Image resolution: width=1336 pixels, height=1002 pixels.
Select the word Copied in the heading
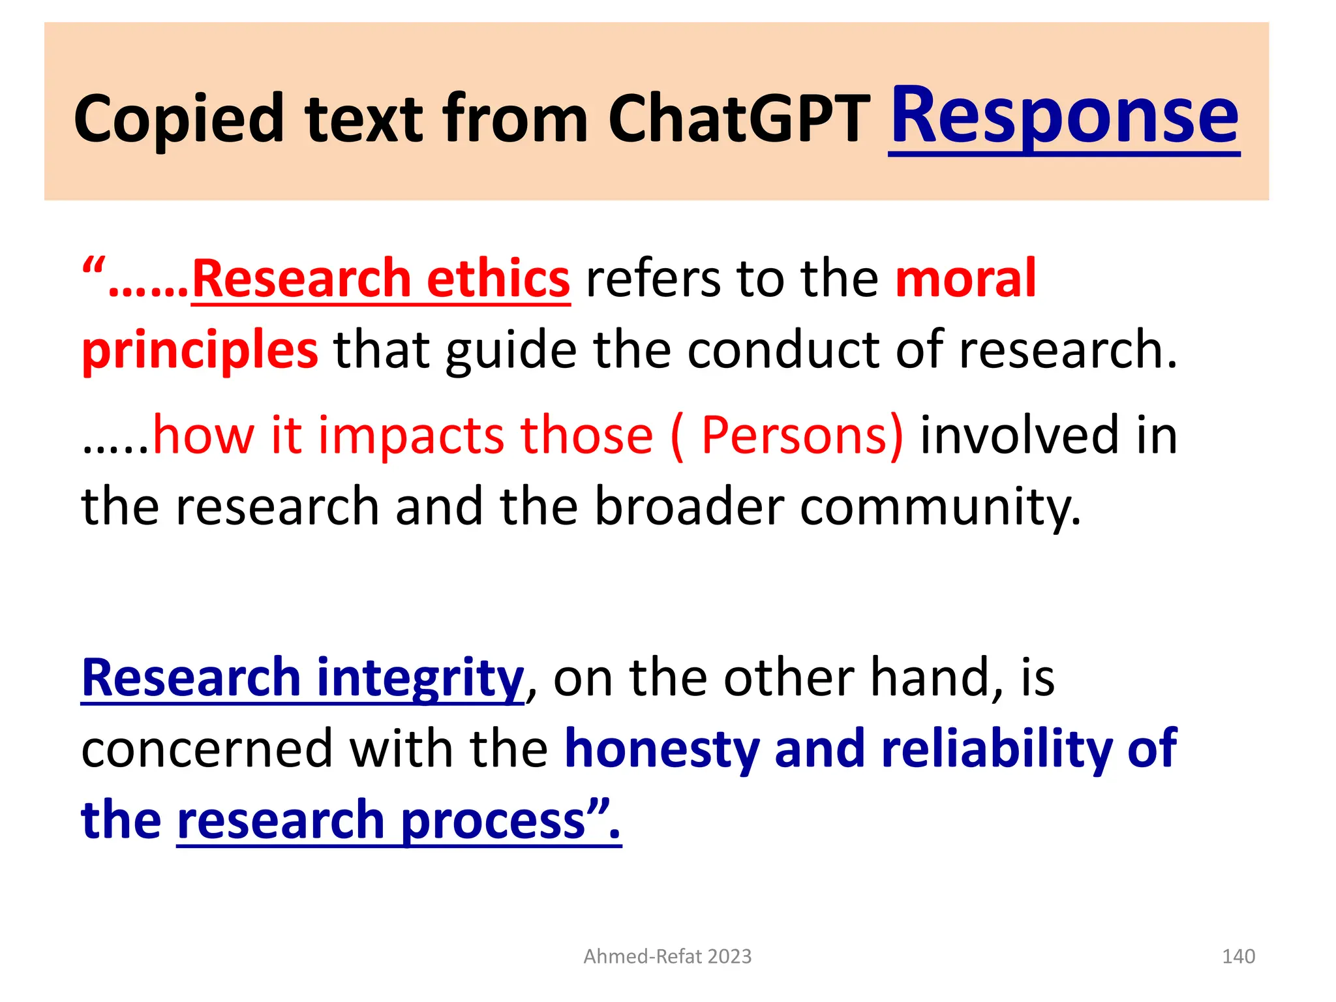[x=179, y=119]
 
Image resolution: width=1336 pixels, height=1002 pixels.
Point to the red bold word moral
[x=965, y=279]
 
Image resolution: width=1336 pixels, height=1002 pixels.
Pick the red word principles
[x=200, y=350]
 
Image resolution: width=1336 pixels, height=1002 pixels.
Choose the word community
[x=939, y=507]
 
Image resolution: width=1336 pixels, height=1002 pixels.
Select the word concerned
[x=207, y=749]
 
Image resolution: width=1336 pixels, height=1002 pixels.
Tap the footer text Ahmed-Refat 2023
[x=667, y=956]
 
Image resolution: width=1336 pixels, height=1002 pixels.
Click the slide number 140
[x=1237, y=956]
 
